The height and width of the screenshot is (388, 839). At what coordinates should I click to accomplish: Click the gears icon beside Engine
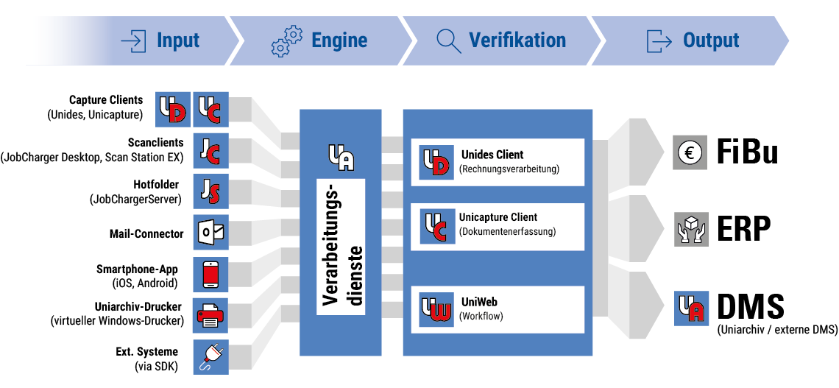[x=286, y=40]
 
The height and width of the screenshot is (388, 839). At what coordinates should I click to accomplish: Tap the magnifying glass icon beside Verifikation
[x=448, y=40]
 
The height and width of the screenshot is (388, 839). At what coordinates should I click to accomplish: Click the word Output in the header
[x=710, y=40]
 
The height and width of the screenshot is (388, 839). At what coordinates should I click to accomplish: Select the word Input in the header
[x=178, y=40]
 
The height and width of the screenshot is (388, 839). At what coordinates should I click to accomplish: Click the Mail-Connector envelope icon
[x=210, y=233]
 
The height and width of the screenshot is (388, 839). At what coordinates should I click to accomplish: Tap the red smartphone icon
[x=210, y=275]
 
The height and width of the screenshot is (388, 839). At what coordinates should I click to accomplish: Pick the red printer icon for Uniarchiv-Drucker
[x=210, y=316]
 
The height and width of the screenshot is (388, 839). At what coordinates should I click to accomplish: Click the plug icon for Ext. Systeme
[x=210, y=357]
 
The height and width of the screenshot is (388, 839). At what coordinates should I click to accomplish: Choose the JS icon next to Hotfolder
[x=210, y=192]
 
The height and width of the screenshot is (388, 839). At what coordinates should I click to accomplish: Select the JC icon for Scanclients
[x=210, y=150]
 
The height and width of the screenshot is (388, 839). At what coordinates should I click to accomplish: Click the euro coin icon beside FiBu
[x=690, y=153]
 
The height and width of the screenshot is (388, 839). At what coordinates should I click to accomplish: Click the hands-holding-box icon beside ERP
[x=690, y=229]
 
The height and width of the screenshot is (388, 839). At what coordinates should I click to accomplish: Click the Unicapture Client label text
[x=498, y=217]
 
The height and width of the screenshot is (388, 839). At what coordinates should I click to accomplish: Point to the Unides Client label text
[x=492, y=155]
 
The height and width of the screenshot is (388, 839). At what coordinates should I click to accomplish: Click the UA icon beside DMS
[x=690, y=308]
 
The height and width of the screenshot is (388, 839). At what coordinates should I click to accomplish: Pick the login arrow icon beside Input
[x=133, y=40]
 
